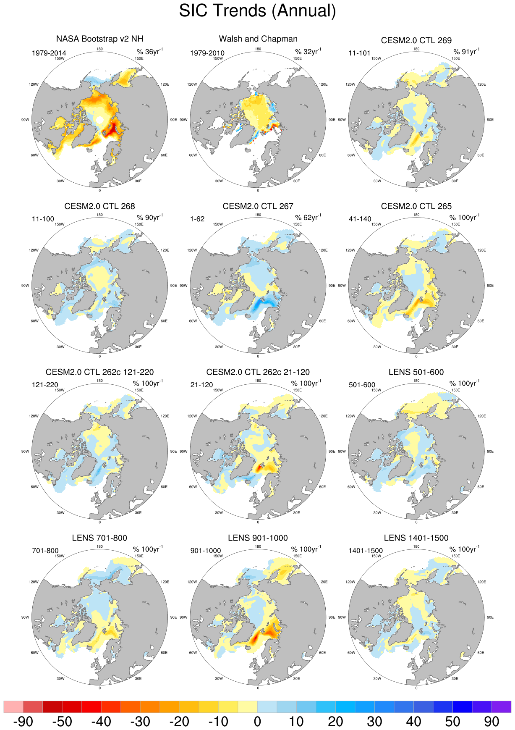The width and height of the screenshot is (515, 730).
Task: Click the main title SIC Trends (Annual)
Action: pos(257,11)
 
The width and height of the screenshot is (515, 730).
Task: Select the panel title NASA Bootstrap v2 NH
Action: pos(99,39)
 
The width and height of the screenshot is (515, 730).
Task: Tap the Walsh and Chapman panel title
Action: pos(258,39)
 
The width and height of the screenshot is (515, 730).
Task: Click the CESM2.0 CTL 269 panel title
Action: pos(416,40)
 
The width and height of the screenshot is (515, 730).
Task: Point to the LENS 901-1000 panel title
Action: pos(258,538)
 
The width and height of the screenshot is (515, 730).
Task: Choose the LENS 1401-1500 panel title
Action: pos(416,538)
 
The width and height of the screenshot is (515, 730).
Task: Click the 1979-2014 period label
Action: pos(49,53)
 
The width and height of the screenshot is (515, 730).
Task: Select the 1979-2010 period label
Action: pos(207,53)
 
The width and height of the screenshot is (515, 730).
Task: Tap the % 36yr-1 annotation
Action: pos(149,52)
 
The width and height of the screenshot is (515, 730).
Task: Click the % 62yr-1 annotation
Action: pos(308,217)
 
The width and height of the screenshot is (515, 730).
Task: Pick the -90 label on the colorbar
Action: pos(23,722)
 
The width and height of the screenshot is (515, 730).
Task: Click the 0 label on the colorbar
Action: pos(257,722)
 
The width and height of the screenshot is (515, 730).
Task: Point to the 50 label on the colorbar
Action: pos(452,722)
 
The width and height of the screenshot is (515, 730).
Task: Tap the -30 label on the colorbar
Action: pos(140,722)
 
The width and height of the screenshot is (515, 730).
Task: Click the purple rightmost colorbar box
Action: pos(501,706)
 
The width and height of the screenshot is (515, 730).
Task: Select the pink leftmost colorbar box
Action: pos(13,706)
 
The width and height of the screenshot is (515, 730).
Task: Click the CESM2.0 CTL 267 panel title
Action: pos(258,206)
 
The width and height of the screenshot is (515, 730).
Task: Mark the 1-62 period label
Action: pos(197,219)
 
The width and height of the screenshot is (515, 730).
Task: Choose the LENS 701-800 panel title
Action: pos(99,538)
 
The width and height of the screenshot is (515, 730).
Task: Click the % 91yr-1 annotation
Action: pos(466,52)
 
